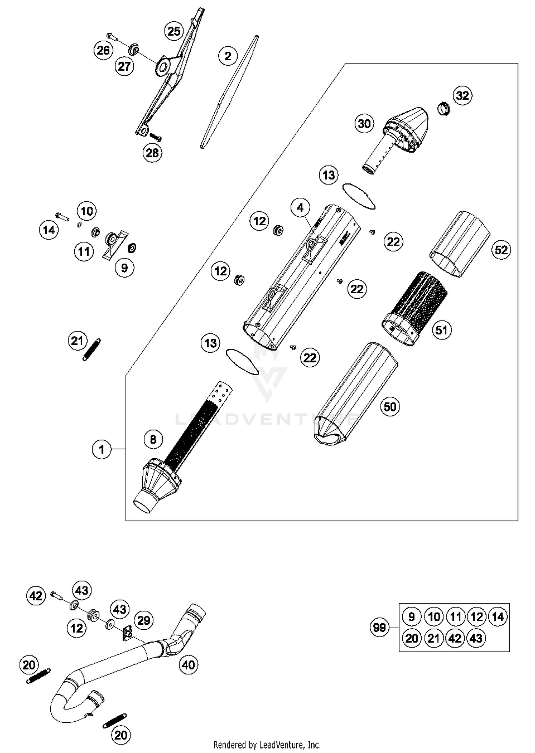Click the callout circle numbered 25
click(174, 31)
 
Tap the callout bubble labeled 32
click(463, 96)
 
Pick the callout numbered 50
click(390, 407)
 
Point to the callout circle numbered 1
click(102, 449)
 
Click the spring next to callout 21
click(92, 350)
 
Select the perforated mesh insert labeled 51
click(416, 308)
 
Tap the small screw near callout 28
click(156, 137)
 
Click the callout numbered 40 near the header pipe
click(188, 665)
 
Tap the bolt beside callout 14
click(62, 216)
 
